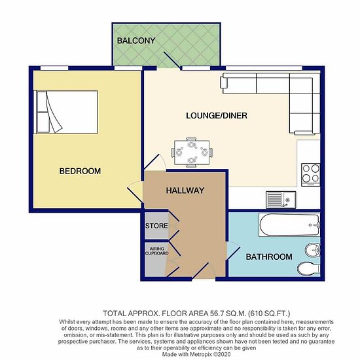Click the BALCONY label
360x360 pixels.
(x=136, y=41)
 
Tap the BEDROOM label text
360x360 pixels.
(x=80, y=171)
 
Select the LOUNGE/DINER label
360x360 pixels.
(x=217, y=115)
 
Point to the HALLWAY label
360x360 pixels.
(x=185, y=190)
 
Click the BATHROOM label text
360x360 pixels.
(x=269, y=257)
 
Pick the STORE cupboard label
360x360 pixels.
(x=156, y=226)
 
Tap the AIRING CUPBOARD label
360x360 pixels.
(x=157, y=251)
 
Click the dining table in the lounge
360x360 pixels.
(x=192, y=153)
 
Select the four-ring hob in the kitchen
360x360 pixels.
(x=310, y=175)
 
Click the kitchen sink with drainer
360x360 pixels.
(x=281, y=200)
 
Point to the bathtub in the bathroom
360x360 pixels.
(x=289, y=225)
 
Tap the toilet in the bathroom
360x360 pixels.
(x=309, y=268)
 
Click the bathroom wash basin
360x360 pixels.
(x=312, y=250)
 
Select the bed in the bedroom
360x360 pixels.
(x=65, y=112)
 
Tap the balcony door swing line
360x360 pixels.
(x=171, y=60)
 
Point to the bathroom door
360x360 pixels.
(x=234, y=253)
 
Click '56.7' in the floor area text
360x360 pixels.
(x=216, y=313)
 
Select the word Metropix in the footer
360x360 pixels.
(x=200, y=354)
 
